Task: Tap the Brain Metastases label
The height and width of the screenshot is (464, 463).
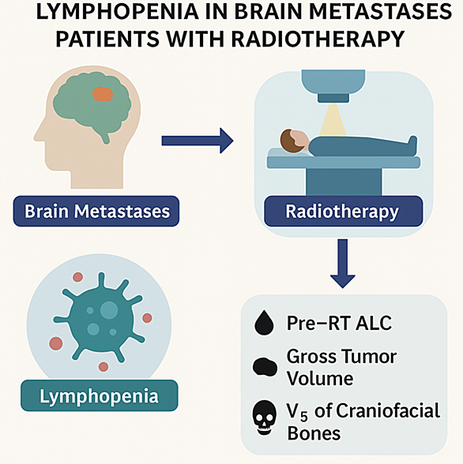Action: pyautogui.click(x=96, y=211)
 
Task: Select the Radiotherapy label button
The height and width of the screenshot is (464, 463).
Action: pyautogui.click(x=344, y=211)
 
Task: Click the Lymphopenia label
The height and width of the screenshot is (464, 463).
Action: pyautogui.click(x=100, y=395)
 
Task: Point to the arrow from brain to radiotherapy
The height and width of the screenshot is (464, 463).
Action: pyautogui.click(x=198, y=140)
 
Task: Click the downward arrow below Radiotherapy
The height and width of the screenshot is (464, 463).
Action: pyautogui.click(x=343, y=264)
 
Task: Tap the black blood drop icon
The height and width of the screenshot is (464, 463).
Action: pyautogui.click(x=264, y=324)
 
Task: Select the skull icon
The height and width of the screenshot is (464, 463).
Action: pyautogui.click(x=264, y=417)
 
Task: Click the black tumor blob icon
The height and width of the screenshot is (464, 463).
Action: pyautogui.click(x=265, y=367)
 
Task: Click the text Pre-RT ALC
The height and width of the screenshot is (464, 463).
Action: pyautogui.click(x=339, y=323)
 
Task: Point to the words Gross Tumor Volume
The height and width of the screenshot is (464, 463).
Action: pyautogui.click(x=341, y=367)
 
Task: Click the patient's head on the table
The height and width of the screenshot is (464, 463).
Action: pyautogui.click(x=294, y=141)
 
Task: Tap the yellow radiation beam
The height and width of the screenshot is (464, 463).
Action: pyautogui.click(x=333, y=120)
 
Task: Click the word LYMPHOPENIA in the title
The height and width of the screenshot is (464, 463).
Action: pyautogui.click(x=117, y=12)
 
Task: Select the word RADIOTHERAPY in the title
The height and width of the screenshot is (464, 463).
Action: pyautogui.click(x=318, y=39)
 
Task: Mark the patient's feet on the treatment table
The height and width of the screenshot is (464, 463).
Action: pyautogui.click(x=412, y=144)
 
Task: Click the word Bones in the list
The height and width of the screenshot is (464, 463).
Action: pyautogui.click(x=314, y=433)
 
